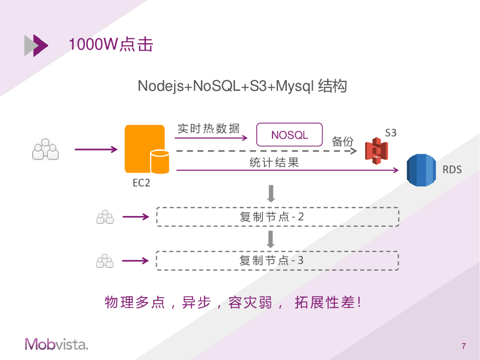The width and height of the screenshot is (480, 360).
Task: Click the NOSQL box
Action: (x=290, y=135)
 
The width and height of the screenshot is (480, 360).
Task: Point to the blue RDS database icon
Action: (x=421, y=170)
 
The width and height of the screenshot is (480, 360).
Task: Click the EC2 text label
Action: (x=142, y=183)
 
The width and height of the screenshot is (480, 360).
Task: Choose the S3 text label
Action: (x=390, y=133)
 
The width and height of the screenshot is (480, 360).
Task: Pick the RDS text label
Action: (x=452, y=170)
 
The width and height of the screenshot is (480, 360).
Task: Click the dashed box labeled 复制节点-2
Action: (x=277, y=217)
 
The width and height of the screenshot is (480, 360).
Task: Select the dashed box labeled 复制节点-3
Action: (x=277, y=261)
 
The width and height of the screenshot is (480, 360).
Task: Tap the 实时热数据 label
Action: (x=209, y=128)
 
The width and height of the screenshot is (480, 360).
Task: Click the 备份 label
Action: (x=343, y=142)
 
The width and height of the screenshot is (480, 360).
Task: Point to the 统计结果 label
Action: (x=274, y=163)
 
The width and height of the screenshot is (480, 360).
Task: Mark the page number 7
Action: (x=464, y=346)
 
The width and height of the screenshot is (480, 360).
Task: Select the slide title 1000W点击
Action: (x=111, y=45)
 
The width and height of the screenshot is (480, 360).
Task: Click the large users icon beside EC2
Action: (x=45, y=150)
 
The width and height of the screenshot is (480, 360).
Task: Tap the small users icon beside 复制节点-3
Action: (x=105, y=261)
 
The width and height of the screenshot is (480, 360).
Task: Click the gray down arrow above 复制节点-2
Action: (x=270, y=193)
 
